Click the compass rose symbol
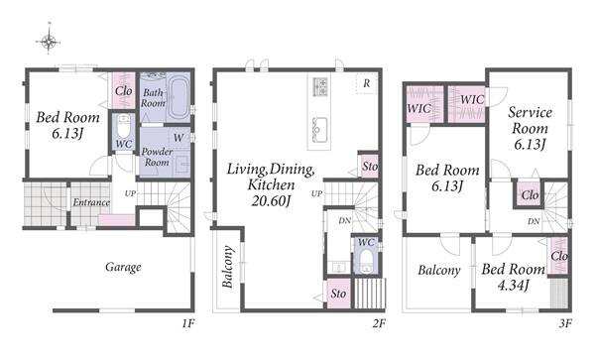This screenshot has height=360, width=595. click(49, 42)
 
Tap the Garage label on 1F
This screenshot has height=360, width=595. click(123, 267)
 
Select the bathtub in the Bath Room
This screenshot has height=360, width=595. click(178, 97)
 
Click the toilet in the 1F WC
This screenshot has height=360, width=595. click(124, 127)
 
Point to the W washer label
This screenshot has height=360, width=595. click(178, 138)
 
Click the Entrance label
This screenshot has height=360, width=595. click(91, 202)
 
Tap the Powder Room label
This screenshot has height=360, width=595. click(157, 157)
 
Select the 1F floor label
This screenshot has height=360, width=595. click(187, 323)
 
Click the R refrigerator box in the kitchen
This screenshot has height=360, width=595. click(366, 83)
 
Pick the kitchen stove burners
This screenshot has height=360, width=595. click(320, 86)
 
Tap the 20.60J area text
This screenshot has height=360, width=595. click(271, 201)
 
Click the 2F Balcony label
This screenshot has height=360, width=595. click(227, 267)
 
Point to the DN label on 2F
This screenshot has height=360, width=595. click(344, 220)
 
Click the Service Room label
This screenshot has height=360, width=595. click(530, 120)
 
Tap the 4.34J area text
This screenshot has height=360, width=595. click(513, 286)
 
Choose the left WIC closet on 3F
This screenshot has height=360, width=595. click(425, 105)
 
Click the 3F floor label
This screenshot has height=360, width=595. click(565, 323)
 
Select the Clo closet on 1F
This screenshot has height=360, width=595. click(124, 90)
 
